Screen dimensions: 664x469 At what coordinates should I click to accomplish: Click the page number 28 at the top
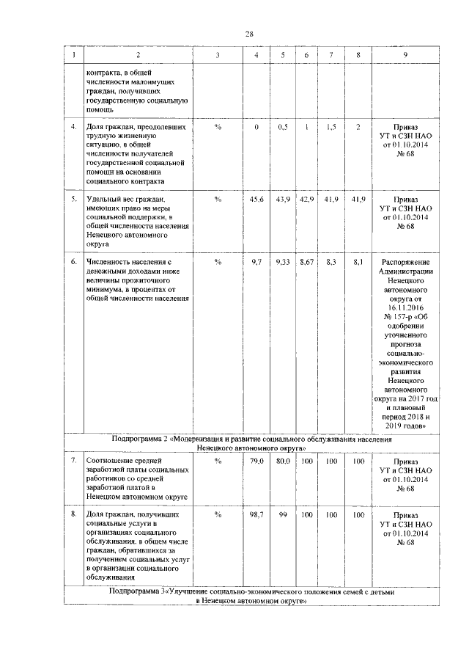[248, 34]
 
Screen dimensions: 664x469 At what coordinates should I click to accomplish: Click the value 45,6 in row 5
[256, 199]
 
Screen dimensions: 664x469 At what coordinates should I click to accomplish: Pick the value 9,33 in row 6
[283, 262]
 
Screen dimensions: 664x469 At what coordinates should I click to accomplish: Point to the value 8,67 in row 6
[306, 262]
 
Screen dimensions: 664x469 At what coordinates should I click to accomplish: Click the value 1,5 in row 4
[331, 127]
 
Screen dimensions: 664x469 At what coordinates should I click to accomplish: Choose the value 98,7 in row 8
[256, 515]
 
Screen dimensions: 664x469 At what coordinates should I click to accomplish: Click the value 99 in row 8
[283, 515]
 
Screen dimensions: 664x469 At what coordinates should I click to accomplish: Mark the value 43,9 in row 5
[283, 199]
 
